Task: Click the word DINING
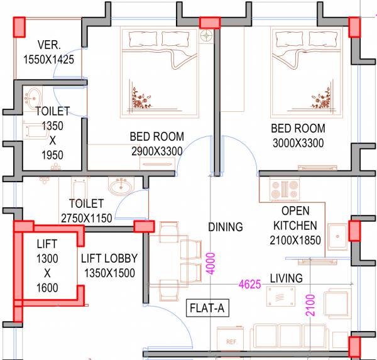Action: [225, 227]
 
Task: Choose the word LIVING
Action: [286, 278]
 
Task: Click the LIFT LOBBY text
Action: [109, 258]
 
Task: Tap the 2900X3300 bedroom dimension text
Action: [156, 151]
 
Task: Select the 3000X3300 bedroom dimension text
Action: [297, 143]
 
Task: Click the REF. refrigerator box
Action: [232, 342]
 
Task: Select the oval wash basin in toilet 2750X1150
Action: [119, 187]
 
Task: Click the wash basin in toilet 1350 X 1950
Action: [33, 98]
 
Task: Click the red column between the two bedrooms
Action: [209, 23]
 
